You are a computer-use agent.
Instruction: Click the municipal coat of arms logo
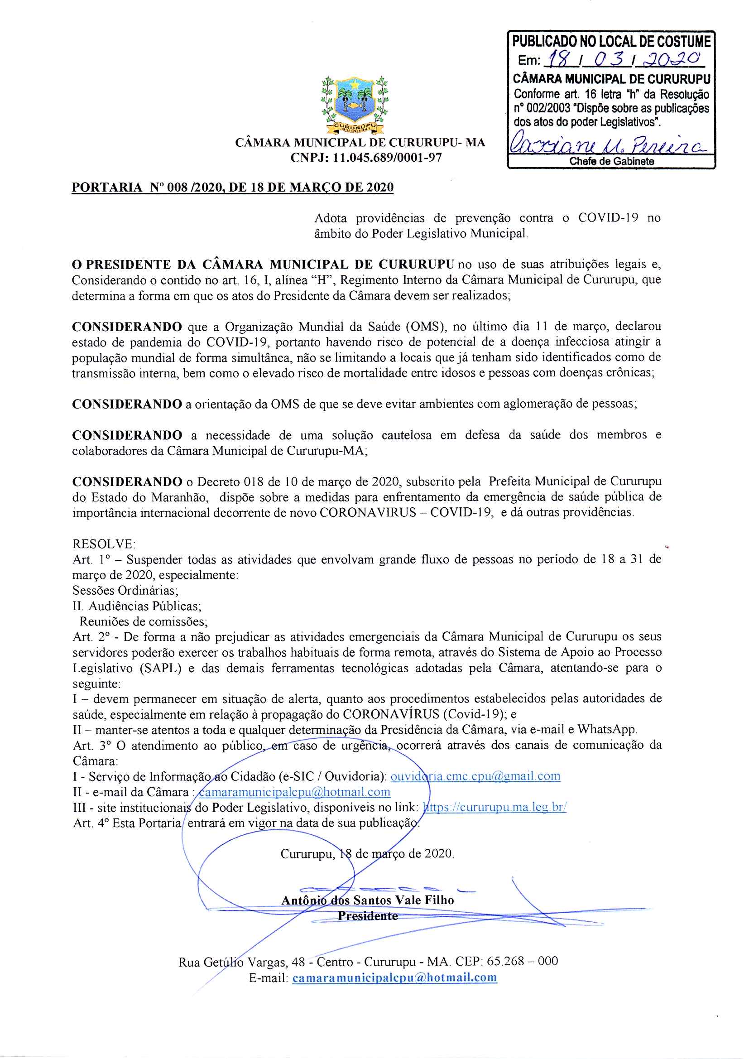tap(355, 105)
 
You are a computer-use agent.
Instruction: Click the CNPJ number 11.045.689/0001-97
tap(388, 158)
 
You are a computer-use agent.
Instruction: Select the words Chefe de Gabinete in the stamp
tap(611, 161)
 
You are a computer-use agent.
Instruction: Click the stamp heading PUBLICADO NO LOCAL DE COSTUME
tap(611, 42)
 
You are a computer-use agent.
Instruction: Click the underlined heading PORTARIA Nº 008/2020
tap(232, 187)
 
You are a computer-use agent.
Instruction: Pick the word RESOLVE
tap(104, 544)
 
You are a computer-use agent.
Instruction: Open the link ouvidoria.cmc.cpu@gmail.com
tap(475, 776)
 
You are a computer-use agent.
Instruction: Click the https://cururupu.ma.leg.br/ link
tap(495, 807)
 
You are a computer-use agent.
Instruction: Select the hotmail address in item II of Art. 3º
tap(294, 792)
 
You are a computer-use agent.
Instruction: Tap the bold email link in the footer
tap(394, 977)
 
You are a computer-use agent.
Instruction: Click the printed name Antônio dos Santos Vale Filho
tap(368, 900)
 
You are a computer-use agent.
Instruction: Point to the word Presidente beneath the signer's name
tap(368, 915)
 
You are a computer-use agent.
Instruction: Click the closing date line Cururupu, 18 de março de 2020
tap(367, 853)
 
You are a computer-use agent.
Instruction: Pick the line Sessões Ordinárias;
tap(125, 590)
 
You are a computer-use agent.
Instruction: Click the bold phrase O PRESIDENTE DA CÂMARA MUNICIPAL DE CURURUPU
tap(263, 265)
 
